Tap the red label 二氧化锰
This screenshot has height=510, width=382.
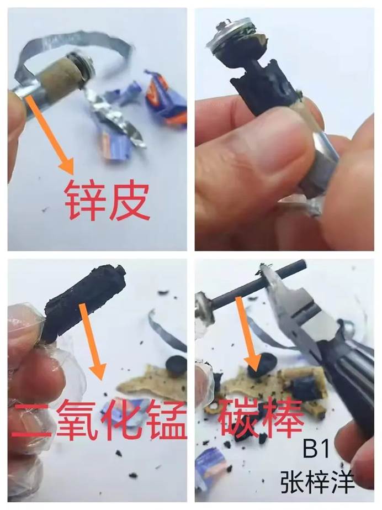pos(99,419)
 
